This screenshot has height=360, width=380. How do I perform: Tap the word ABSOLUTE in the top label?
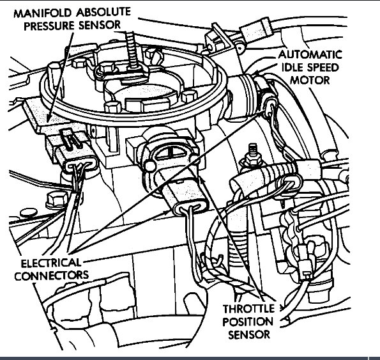coord(103,12)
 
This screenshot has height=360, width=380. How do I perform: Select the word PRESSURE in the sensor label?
coord(49,26)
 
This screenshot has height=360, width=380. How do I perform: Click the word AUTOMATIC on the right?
coord(310,55)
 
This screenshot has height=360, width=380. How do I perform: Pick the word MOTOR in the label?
coord(310,80)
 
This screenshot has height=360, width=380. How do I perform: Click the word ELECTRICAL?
coord(50,263)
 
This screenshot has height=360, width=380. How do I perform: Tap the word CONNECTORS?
coord(52,276)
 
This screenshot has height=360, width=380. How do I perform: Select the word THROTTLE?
coord(248,309)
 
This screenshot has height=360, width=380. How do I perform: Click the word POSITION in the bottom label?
coord(248,322)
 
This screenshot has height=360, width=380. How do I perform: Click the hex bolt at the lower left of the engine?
coord(57,200)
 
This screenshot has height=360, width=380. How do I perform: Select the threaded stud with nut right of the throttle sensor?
coord(252,155)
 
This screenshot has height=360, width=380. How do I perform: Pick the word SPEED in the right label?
coord(323,67)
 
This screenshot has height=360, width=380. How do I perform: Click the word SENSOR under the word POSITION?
coord(249,335)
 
